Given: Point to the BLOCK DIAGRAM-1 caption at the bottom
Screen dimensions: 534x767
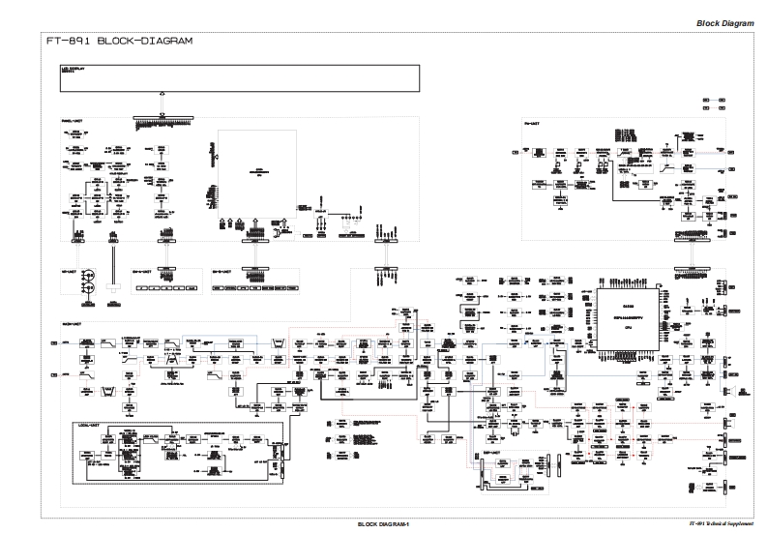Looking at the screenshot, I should [x=384, y=524].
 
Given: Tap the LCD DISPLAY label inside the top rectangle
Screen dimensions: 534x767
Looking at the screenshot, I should [x=74, y=71].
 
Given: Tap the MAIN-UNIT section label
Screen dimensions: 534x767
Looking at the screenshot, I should [x=72, y=311].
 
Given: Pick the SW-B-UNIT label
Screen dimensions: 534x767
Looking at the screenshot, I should [x=224, y=271].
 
